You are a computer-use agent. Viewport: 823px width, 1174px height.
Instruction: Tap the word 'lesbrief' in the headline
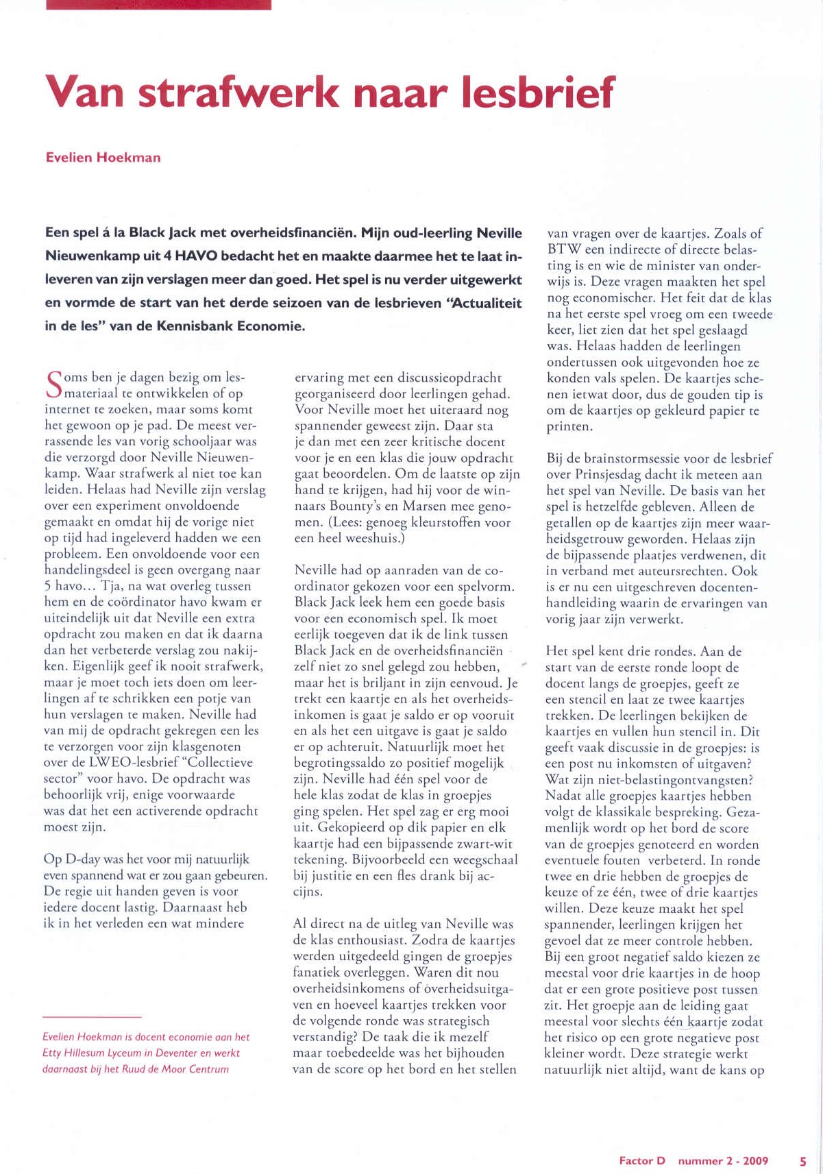click(x=537, y=93)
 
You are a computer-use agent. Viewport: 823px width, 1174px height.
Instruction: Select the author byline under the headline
click(x=103, y=158)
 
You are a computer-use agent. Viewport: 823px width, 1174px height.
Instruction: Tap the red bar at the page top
click(x=158, y=4)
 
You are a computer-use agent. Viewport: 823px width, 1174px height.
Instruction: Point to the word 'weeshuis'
click(x=378, y=539)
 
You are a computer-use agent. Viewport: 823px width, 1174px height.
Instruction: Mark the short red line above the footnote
click(x=92, y=1018)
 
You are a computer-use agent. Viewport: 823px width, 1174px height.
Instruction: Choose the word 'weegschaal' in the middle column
click(x=484, y=860)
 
